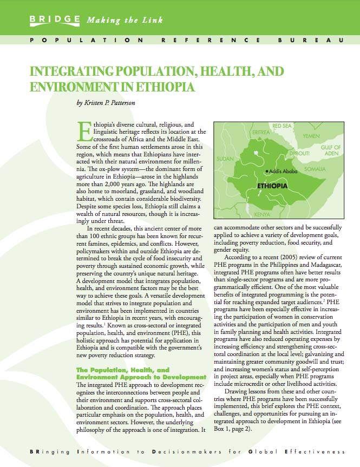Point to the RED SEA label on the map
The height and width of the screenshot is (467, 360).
(x=282, y=126)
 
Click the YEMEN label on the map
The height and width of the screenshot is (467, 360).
(x=311, y=136)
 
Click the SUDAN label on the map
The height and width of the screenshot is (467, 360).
(x=225, y=159)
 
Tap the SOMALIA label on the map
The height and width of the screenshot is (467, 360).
(x=315, y=169)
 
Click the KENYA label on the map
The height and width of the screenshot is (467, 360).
(x=262, y=214)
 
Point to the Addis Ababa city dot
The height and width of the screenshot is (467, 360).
(x=266, y=172)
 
